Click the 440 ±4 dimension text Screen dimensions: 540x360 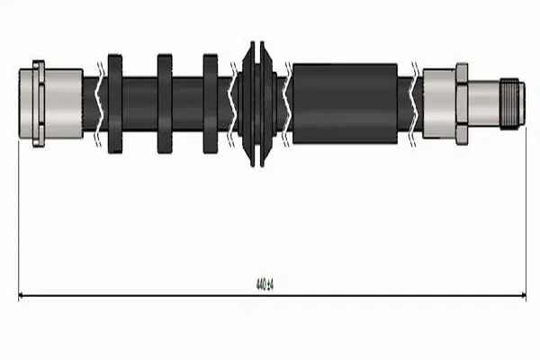point(265,285)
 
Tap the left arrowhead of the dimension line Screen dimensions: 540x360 point(21,295)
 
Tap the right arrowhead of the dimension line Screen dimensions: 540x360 point(524,295)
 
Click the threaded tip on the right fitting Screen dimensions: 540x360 point(512,103)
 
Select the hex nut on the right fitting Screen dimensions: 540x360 point(462,103)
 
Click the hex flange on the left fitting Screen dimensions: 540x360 point(39,103)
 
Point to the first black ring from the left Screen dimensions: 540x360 point(115,103)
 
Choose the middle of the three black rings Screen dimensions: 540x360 point(165,103)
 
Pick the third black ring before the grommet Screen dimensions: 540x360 point(211,103)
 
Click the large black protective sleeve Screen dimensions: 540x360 point(345,103)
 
